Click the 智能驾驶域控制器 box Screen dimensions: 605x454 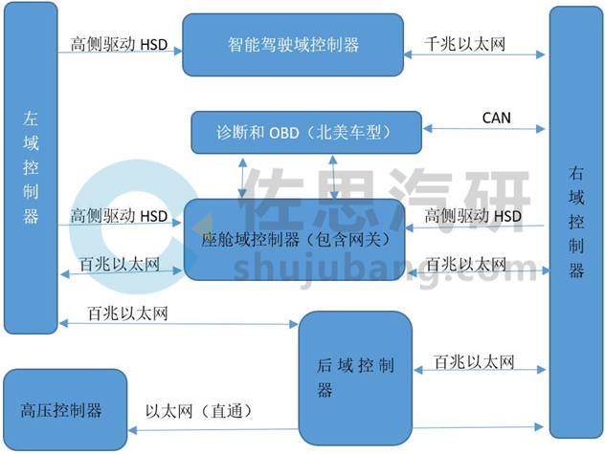(292, 45)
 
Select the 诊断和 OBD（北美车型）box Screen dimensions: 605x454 (306, 131)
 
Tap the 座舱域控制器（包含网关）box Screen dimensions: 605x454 (294, 239)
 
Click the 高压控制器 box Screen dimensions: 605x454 (64, 410)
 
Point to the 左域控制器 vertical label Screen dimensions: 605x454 (31, 166)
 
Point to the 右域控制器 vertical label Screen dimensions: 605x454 (576, 222)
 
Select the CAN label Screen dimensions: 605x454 (496, 119)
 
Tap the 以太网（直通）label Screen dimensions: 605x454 (198, 411)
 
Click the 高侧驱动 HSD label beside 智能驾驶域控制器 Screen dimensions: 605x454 (119, 43)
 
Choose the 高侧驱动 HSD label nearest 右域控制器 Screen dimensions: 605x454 (473, 216)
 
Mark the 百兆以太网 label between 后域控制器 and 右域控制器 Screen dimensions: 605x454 (473, 361)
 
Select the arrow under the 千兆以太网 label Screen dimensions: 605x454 (475, 55)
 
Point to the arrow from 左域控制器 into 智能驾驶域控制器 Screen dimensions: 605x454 (120, 53)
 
